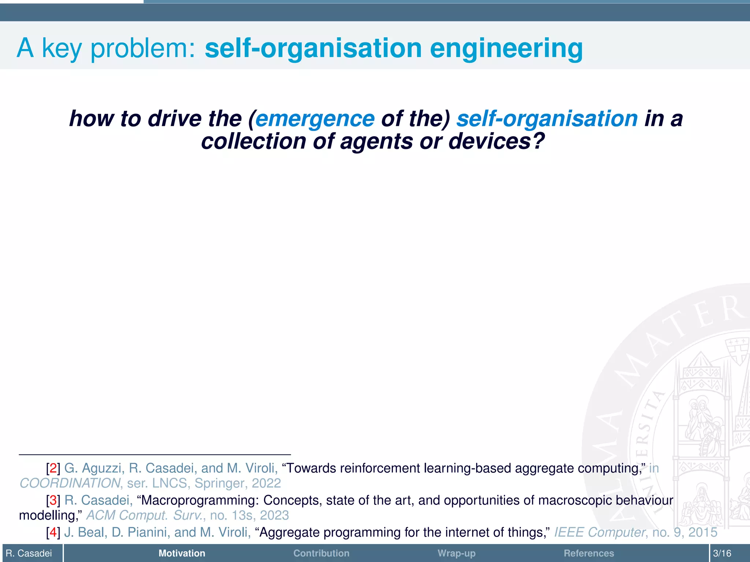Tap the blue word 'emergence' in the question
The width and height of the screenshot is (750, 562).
[x=315, y=119]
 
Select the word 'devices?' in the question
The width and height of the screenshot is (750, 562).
[x=497, y=141]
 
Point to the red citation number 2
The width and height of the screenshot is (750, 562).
[x=53, y=468]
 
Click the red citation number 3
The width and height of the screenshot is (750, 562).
[x=53, y=500]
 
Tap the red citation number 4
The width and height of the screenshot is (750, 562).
[x=53, y=532]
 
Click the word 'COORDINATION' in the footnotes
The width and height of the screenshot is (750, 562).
[x=70, y=483]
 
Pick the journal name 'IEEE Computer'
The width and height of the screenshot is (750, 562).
[x=599, y=532]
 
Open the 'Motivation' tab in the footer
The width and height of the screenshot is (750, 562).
[x=182, y=553]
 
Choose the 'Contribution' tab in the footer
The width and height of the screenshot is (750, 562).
[x=321, y=553]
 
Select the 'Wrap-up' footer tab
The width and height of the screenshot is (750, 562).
[x=456, y=553]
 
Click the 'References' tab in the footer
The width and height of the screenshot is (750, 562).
[x=589, y=553]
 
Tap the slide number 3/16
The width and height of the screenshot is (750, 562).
[x=722, y=553]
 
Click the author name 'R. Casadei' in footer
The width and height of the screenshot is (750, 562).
[x=29, y=553]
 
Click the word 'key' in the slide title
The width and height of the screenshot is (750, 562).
[x=62, y=48]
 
